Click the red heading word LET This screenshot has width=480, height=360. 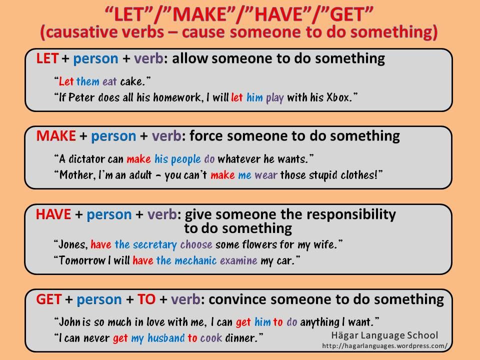(x=47, y=59)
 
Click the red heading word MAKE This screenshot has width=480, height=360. (x=56, y=136)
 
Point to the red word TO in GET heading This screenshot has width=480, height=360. (x=146, y=299)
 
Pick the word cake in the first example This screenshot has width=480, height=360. (x=132, y=80)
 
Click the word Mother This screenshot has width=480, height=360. (x=77, y=175)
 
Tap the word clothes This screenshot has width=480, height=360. (x=356, y=175)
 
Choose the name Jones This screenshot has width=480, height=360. (x=73, y=244)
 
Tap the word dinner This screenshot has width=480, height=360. (x=243, y=337)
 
